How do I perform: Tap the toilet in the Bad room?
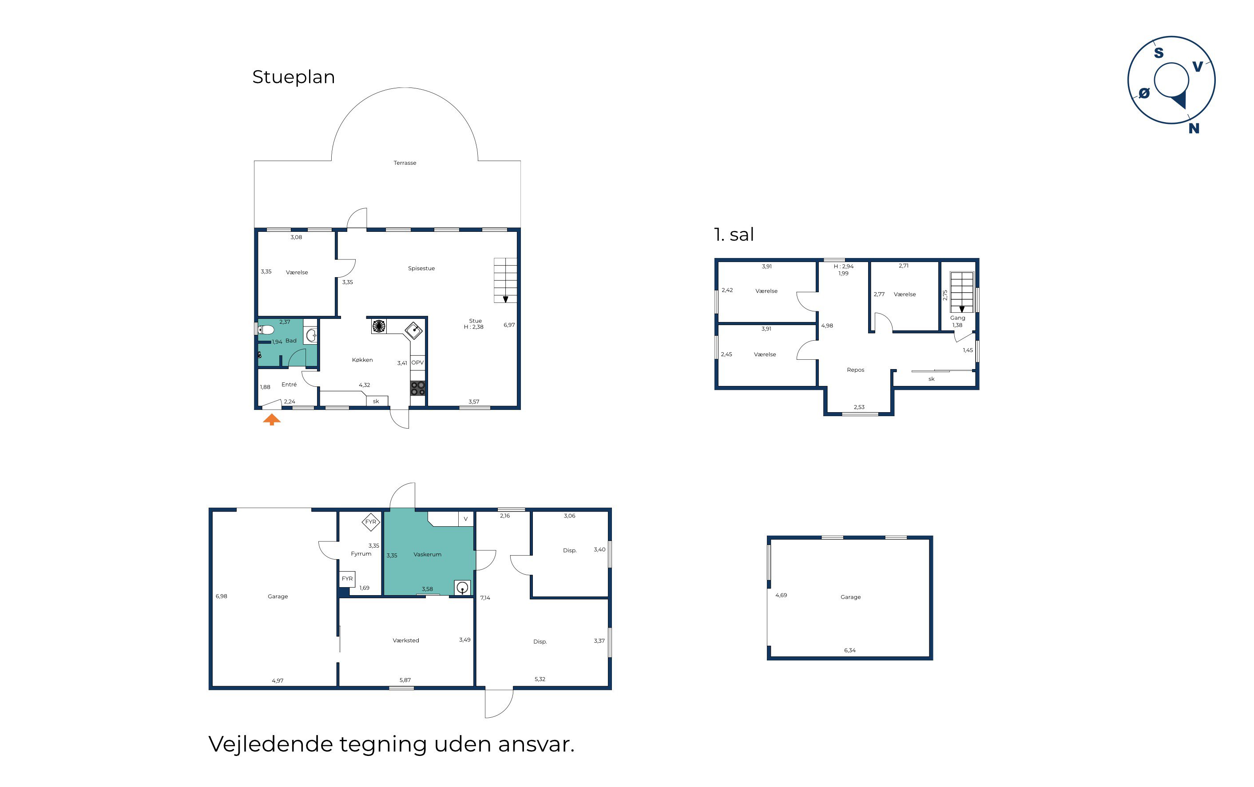(266, 330)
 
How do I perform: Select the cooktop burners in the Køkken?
(418, 388)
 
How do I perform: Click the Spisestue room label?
(421, 269)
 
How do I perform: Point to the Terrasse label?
(405, 163)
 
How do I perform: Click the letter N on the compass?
(1194, 128)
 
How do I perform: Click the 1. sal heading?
(734, 235)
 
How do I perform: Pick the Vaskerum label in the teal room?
(428, 554)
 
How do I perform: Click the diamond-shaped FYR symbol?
(370, 521)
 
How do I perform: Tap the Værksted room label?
(406, 640)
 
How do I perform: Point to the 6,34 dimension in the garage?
(850, 650)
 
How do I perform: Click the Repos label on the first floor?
(855, 370)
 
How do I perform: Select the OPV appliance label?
(417, 363)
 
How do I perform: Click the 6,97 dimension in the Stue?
(509, 325)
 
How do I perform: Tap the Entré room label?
(289, 385)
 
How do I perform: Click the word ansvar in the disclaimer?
(536, 744)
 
